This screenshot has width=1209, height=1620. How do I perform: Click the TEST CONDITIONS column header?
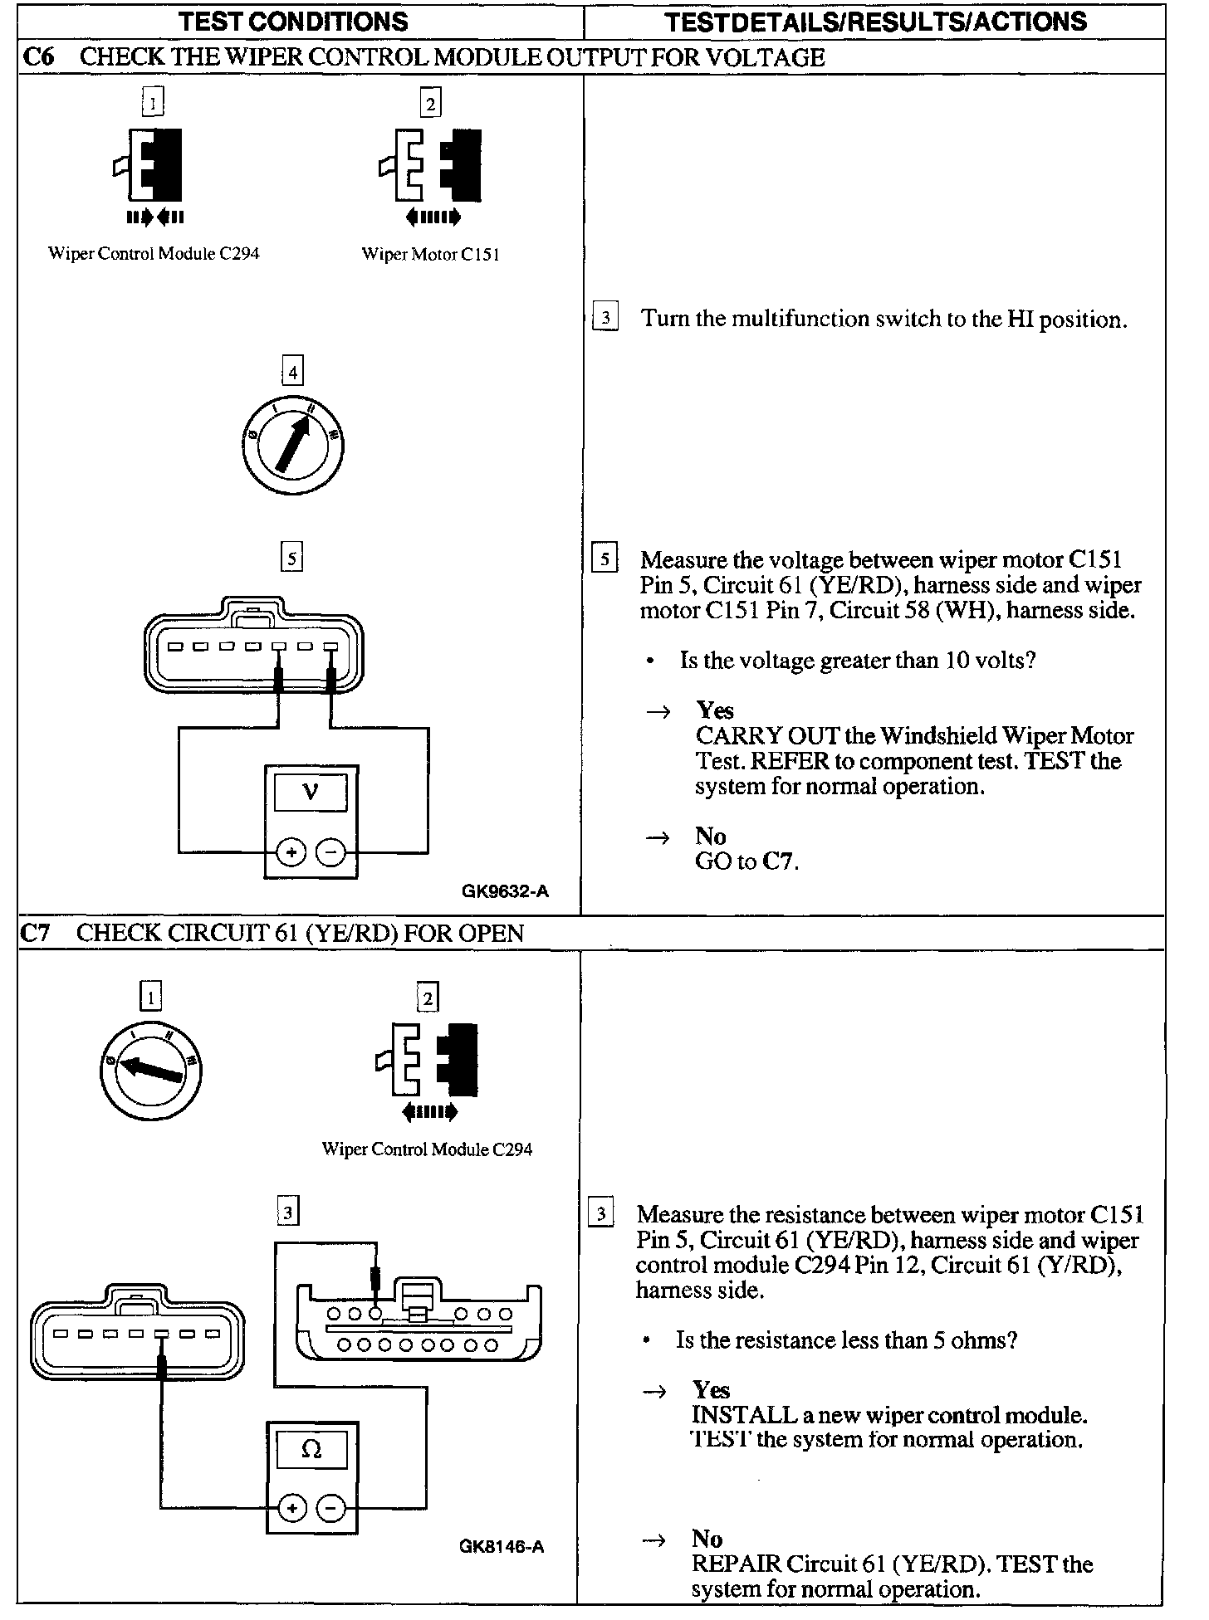click(x=294, y=22)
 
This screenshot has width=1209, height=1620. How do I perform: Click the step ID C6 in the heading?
click(x=38, y=57)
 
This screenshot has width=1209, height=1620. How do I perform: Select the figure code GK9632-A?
click(x=505, y=892)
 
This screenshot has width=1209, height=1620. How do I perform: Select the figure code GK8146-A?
click(x=502, y=1546)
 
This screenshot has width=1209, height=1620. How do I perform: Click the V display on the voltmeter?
click(x=311, y=791)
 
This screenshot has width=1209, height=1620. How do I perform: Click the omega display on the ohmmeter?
click(x=311, y=1449)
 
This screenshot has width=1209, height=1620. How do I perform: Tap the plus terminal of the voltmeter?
click(x=291, y=852)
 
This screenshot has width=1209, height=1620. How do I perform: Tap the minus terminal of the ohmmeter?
click(x=330, y=1509)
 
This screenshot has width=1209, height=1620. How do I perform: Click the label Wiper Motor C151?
click(x=430, y=254)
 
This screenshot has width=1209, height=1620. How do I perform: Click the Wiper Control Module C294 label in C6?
click(x=154, y=253)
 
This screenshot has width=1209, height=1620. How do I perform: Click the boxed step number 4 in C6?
click(x=292, y=373)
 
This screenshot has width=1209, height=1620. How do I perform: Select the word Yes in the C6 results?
click(x=715, y=710)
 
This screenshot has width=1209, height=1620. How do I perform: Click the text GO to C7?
click(x=746, y=861)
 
